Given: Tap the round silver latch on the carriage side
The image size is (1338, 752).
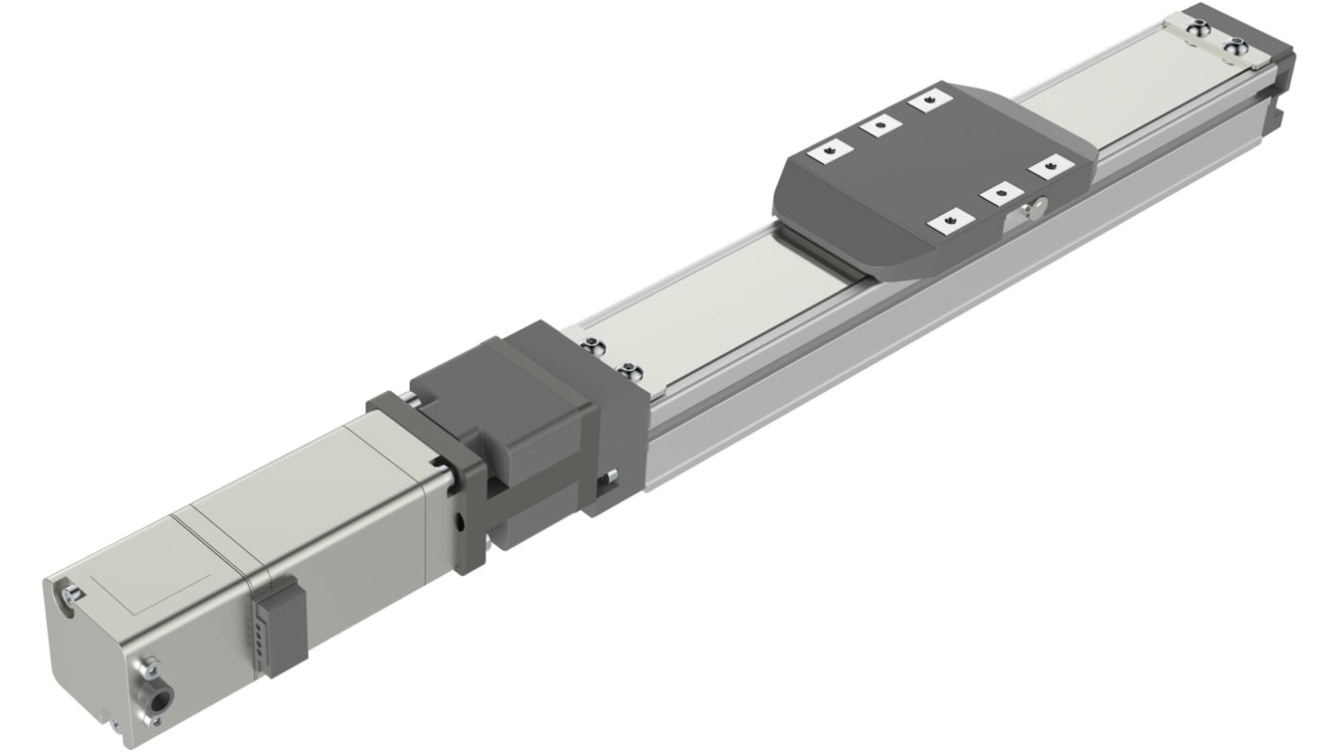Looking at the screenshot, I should pos(1035,209).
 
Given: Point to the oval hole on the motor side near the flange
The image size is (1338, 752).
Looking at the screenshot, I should pos(461,522).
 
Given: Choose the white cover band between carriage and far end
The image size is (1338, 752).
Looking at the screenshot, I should pos(1112,104).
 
